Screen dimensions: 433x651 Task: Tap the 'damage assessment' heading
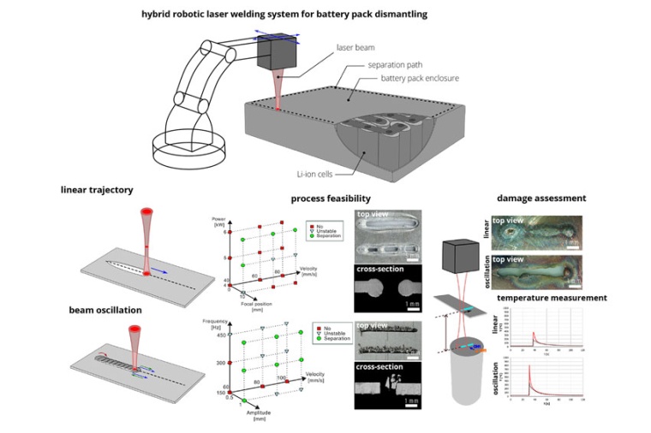(544, 199)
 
